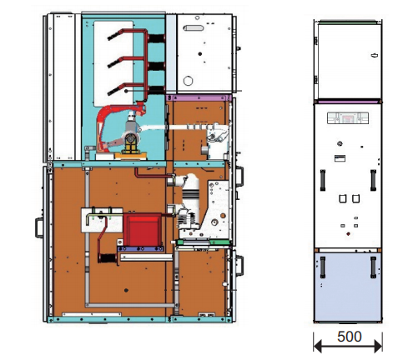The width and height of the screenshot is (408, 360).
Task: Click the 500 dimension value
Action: pyautogui.click(x=350, y=337)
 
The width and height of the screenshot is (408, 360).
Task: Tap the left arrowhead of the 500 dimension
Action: pyautogui.click(x=318, y=347)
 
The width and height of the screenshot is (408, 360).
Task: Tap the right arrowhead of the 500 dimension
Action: pyautogui.click(x=378, y=347)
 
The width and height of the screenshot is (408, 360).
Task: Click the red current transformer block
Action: pyautogui.click(x=142, y=229)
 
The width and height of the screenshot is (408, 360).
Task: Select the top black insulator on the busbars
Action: pyautogui.click(x=156, y=38)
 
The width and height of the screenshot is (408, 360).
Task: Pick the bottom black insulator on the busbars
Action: pyautogui.click(x=156, y=90)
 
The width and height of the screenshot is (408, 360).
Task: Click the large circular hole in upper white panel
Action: pyautogui.click(x=188, y=81)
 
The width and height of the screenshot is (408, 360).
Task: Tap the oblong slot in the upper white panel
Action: pyautogui.click(x=194, y=28)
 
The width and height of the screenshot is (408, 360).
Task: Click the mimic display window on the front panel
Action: pyautogui.click(x=348, y=117)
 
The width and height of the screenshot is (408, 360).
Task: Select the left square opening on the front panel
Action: pyautogui.click(x=342, y=198)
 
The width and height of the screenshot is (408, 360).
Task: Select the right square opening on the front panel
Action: pyautogui.click(x=355, y=198)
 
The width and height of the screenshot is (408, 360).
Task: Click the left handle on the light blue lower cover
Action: pyautogui.click(x=323, y=267)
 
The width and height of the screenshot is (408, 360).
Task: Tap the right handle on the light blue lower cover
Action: pyautogui.click(x=373, y=267)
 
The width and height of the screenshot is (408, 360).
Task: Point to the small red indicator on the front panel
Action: pyautogui.click(x=348, y=234)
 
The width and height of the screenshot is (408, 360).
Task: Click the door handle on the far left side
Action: pyautogui.click(x=38, y=227)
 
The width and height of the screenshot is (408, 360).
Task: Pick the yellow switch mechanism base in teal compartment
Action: pyautogui.click(x=130, y=143)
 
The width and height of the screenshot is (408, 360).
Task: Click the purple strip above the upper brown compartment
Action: pyautogui.click(x=199, y=97)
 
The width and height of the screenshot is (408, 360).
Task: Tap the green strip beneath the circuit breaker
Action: pyautogui.click(x=204, y=242)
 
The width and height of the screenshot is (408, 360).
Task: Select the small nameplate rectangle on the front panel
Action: pyautogui.click(x=340, y=158)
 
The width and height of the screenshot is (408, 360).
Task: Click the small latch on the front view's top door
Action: pyautogui.click(x=375, y=55)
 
